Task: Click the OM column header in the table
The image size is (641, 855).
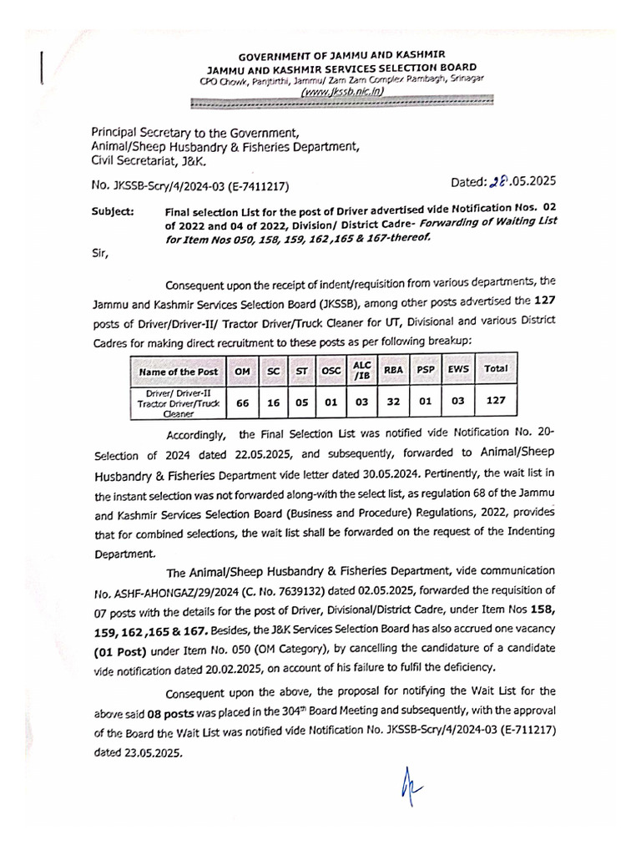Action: (x=243, y=371)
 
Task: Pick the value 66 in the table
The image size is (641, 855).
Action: (x=243, y=402)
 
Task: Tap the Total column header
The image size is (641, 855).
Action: (x=496, y=367)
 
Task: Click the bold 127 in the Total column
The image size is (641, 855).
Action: (x=496, y=400)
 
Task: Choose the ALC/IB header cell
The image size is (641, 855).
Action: (x=361, y=368)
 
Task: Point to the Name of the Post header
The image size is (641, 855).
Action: (x=179, y=372)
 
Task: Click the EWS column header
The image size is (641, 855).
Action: (x=458, y=367)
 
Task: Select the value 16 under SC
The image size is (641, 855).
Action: (x=274, y=402)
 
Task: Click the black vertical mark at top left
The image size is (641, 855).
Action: (x=41, y=67)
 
